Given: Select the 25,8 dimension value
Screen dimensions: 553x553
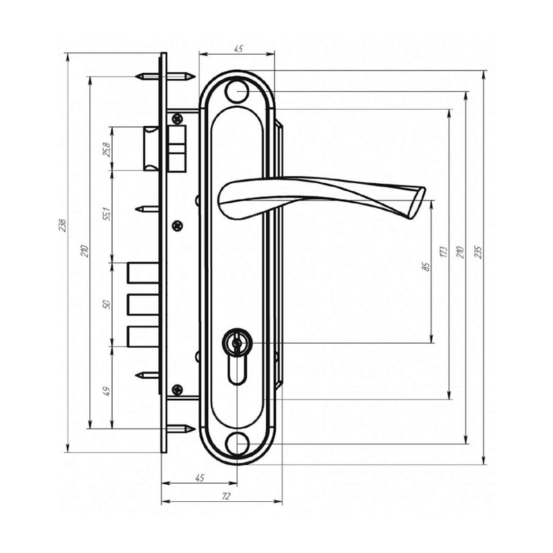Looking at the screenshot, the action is click(x=106, y=149).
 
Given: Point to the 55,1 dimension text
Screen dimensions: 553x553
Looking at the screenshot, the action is click(x=107, y=214).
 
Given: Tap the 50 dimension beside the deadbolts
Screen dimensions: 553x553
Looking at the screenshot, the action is click(x=107, y=304).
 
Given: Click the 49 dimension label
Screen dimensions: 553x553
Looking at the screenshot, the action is click(x=107, y=391).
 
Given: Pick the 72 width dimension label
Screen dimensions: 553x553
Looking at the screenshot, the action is click(x=226, y=496).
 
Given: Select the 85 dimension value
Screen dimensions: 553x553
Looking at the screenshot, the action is click(x=427, y=266).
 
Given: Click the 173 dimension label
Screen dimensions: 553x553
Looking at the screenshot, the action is click(x=444, y=252).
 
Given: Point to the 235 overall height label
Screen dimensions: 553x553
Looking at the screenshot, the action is click(x=478, y=252).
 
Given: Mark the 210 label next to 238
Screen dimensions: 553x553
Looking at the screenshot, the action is click(x=84, y=251).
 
